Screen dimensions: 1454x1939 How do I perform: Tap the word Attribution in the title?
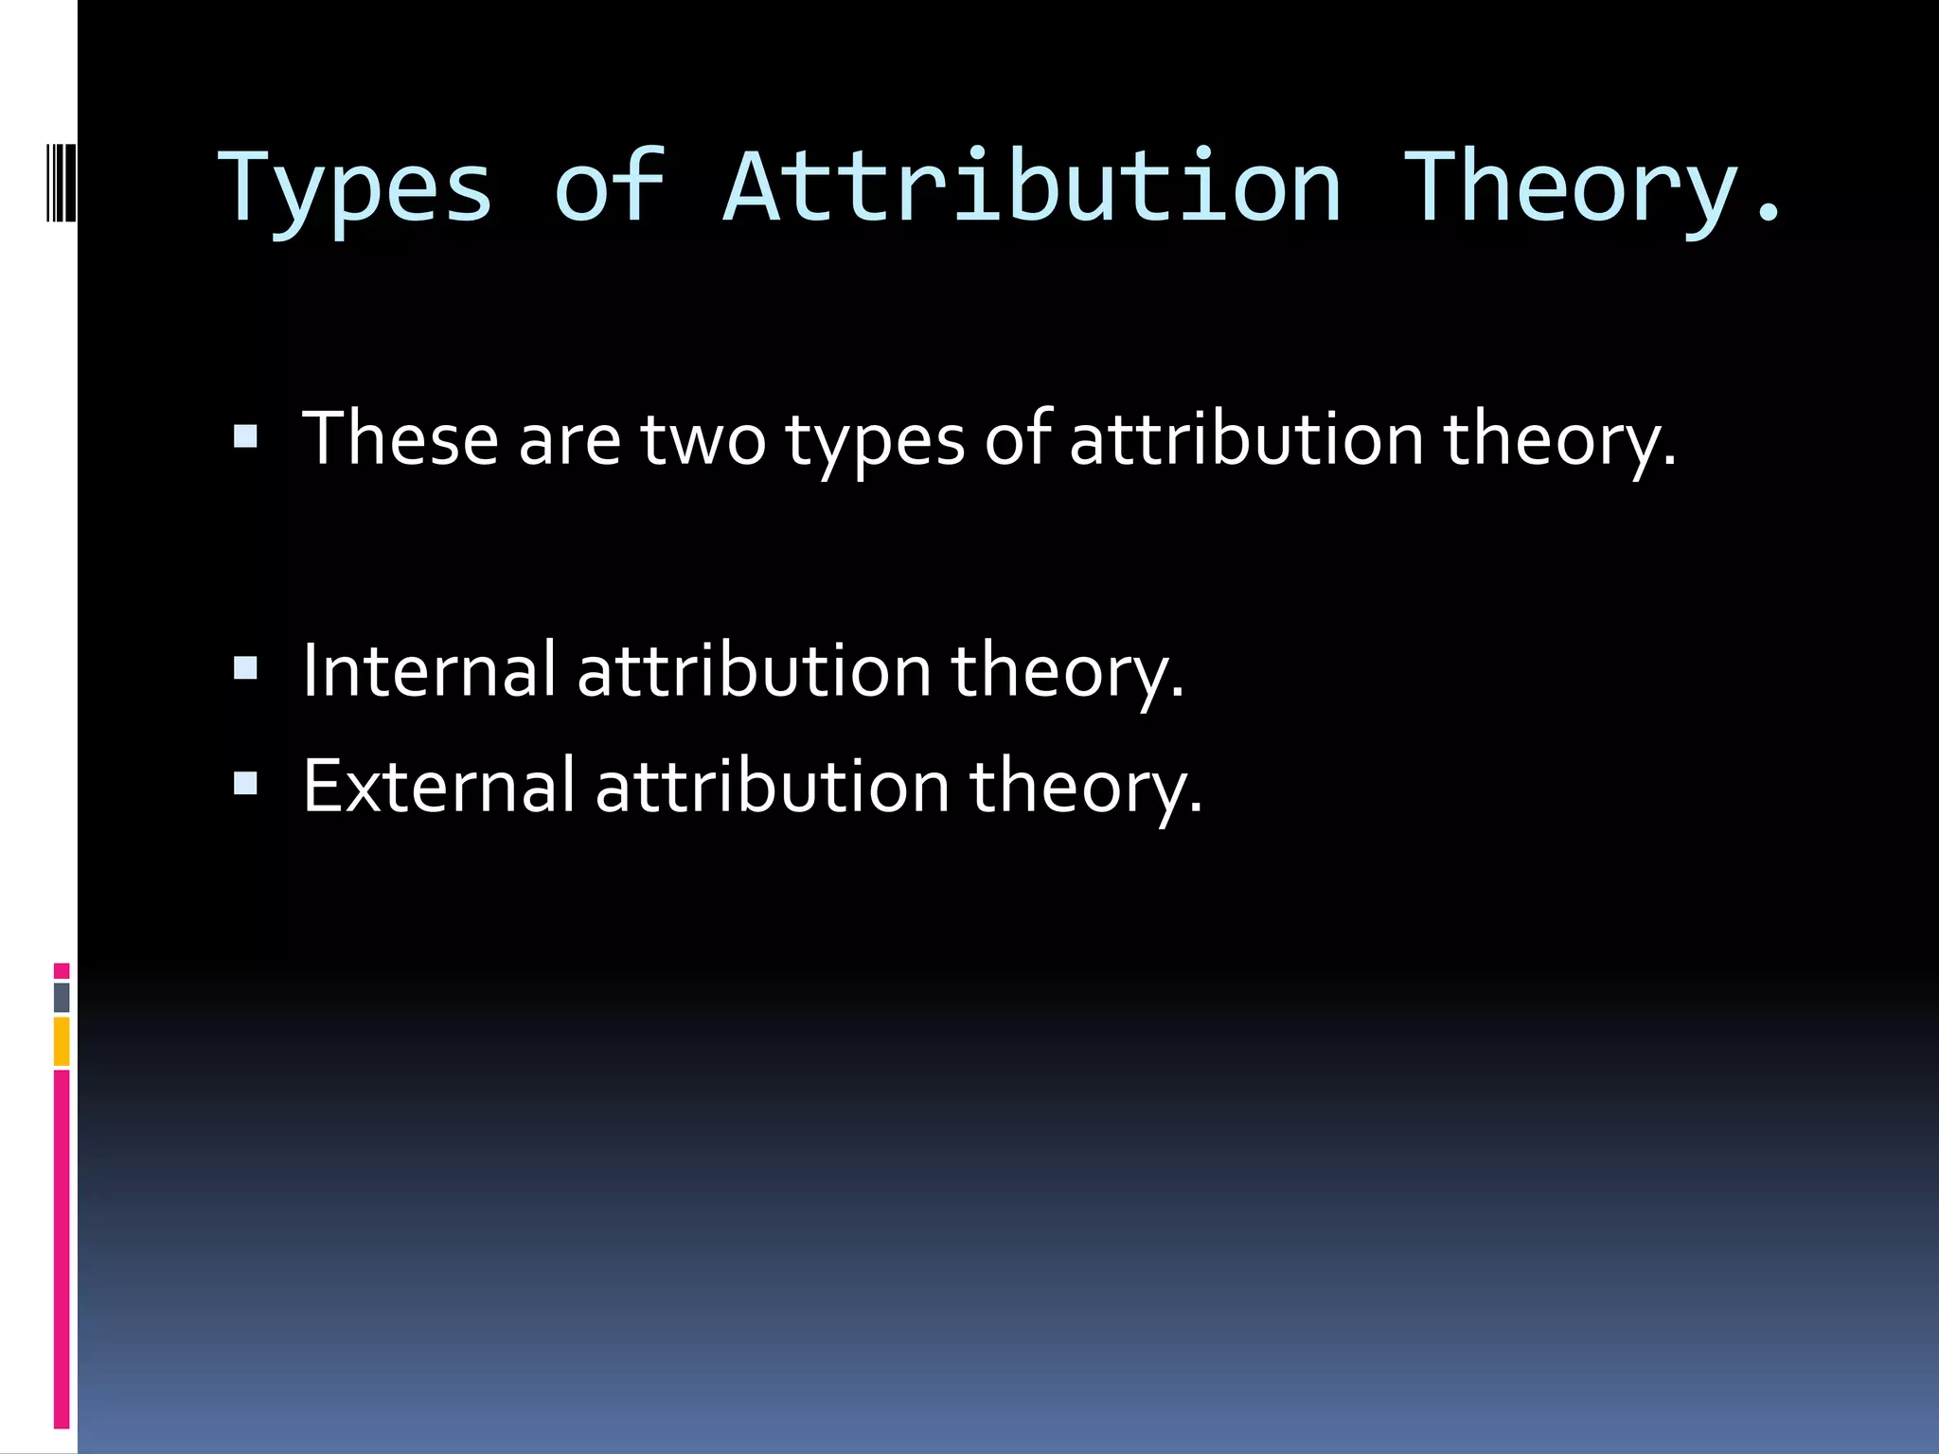click(1032, 187)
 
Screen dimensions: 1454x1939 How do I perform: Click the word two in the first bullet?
click(703, 440)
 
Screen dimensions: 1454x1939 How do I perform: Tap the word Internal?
click(429, 670)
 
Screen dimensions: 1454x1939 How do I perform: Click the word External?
click(438, 786)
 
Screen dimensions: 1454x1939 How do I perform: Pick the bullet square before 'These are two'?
click(245, 436)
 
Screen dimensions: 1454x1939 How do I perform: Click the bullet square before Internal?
click(245, 669)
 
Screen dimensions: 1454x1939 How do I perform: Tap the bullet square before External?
click(245, 785)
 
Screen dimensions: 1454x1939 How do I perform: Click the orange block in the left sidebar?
click(62, 1040)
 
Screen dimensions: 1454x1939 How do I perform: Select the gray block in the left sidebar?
click(62, 997)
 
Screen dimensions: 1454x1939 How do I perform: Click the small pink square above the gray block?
click(62, 970)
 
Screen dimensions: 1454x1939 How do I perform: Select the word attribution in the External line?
click(772, 786)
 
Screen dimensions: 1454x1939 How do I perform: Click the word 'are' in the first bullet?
click(569, 440)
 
